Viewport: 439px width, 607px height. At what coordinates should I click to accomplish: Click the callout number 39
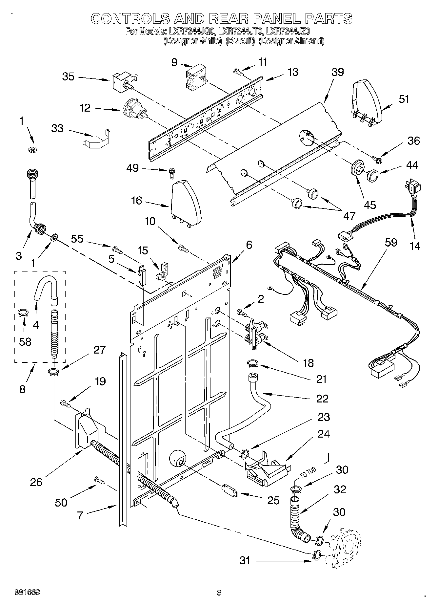[337, 72]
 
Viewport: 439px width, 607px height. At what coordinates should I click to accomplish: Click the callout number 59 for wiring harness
[391, 243]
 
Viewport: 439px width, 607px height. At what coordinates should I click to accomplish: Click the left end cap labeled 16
[185, 202]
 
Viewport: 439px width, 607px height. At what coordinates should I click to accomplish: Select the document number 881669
[27, 593]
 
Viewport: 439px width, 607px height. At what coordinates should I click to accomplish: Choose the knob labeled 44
[372, 175]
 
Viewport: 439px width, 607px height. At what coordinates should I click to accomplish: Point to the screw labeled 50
[99, 481]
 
